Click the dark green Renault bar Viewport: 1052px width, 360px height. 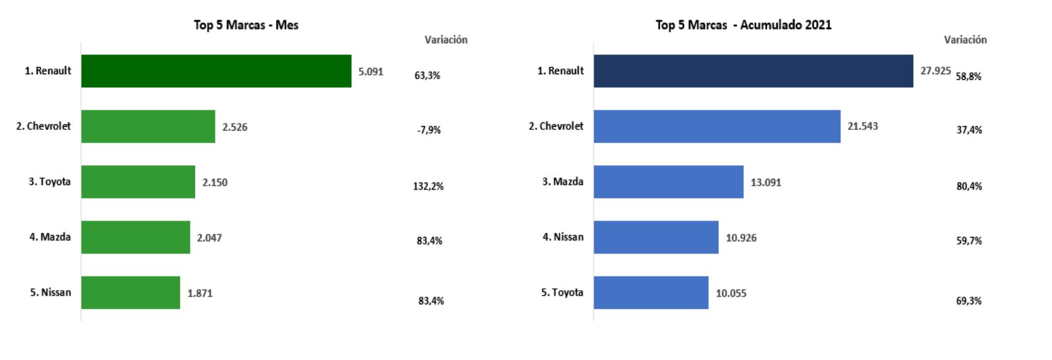pos(216,71)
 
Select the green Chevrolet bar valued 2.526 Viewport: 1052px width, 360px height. pos(148,126)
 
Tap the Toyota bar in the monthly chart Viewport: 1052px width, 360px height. pos(138,182)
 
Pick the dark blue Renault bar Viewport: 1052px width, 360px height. pos(753,71)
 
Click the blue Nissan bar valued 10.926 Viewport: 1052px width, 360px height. pos(656,237)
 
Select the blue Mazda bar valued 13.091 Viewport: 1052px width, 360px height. pos(668,182)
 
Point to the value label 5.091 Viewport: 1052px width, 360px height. pos(371,72)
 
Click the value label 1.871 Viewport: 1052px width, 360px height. pos(200,293)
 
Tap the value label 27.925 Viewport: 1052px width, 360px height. pos(935,71)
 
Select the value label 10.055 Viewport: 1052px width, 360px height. pos(731,293)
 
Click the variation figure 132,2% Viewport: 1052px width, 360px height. pos(428,186)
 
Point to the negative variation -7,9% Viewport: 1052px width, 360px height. pos(429,130)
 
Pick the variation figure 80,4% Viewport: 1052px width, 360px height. pos(969,186)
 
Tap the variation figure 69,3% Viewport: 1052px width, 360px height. pos(969,301)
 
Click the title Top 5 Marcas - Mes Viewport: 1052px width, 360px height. pos(246,25)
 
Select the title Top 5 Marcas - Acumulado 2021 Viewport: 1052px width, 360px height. pos(743,25)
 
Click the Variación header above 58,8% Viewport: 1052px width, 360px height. pos(965,40)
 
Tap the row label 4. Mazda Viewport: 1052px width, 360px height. pos(50,237)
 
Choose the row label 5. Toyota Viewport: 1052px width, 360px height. pos(562,293)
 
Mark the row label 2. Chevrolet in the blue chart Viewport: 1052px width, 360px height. pos(556,126)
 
